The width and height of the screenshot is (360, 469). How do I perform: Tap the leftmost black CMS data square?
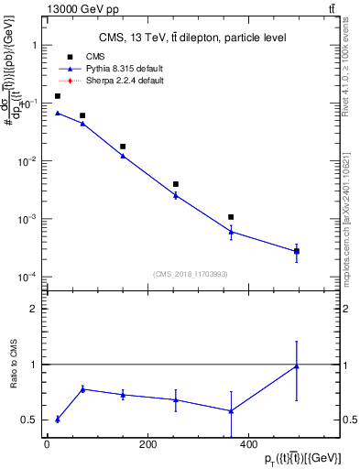[58, 95]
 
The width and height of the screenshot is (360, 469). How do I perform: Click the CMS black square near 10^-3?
[232, 217]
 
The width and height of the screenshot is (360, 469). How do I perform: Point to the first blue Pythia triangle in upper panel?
[58, 113]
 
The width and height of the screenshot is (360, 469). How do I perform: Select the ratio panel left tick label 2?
[34, 309]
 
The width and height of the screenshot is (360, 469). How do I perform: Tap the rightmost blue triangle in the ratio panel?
[296, 366]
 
